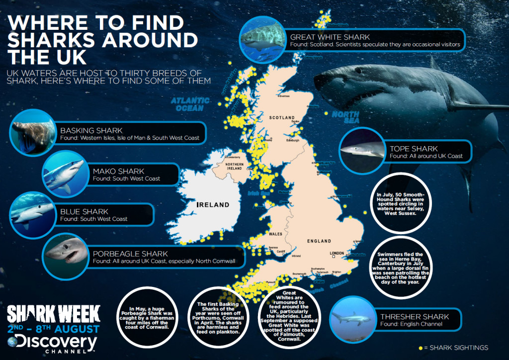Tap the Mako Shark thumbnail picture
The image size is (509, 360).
(x=65, y=175)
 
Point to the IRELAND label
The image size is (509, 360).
(x=213, y=204)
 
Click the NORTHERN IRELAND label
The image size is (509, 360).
(x=234, y=166)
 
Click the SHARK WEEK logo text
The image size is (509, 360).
(x=53, y=314)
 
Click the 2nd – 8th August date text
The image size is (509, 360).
(x=53, y=329)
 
